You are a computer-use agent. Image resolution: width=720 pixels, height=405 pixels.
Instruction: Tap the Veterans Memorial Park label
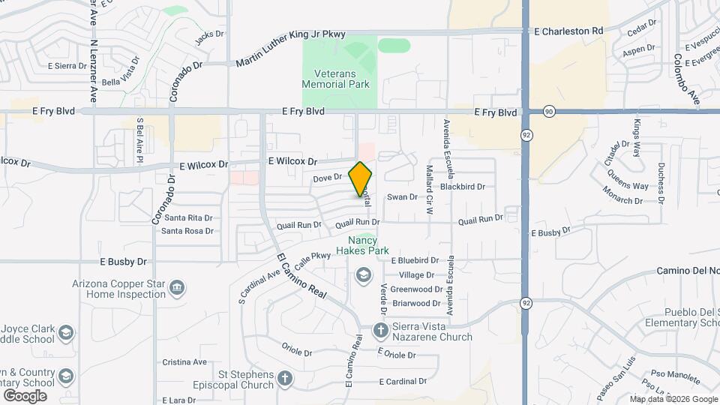[336, 79]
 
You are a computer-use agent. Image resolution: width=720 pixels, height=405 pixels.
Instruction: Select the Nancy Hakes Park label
[362, 245]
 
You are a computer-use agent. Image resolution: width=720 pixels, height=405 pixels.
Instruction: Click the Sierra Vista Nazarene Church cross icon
[380, 330]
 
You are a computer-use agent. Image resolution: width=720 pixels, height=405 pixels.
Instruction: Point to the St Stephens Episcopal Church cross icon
[284, 379]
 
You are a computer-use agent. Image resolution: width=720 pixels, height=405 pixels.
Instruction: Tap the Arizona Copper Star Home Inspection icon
[178, 287]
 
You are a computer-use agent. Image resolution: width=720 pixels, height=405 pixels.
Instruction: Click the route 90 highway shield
[550, 110]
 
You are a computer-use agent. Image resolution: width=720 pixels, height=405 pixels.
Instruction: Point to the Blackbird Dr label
[463, 186]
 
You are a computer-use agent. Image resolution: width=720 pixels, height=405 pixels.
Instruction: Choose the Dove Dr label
[327, 178]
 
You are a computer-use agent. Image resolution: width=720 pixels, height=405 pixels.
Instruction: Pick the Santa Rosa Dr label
[187, 231]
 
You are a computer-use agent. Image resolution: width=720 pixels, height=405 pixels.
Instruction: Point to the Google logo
[25, 395]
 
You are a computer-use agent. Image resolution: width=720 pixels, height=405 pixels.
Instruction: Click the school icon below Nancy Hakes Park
[364, 275]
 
